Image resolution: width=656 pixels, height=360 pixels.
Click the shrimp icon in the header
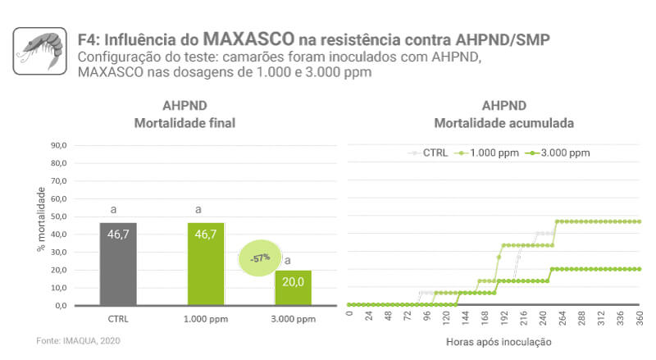pyautogui.click(x=39, y=50)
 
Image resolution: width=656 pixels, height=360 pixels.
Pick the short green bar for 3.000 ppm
pyautogui.click(x=293, y=288)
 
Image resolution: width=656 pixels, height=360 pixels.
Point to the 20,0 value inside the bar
pyautogui.click(x=293, y=281)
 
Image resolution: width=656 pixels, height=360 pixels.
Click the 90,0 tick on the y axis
pyautogui.click(x=58, y=145)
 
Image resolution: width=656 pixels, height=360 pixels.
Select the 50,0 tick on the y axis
pyautogui.click(x=58, y=216)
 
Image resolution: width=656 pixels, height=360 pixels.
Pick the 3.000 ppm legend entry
pyautogui.click(x=566, y=153)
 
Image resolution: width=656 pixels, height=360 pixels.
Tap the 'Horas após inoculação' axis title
pyautogui.click(x=499, y=341)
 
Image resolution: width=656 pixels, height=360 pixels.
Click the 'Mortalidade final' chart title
pyautogui.click(x=184, y=123)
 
